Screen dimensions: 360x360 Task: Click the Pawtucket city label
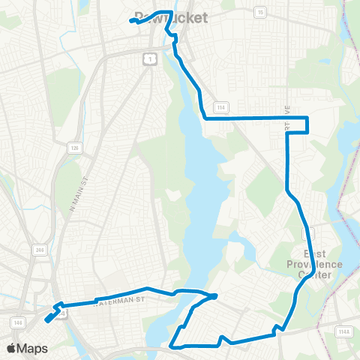tap(170, 17)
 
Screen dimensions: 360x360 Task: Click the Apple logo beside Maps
tap(12, 348)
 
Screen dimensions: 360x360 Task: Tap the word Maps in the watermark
tap(33, 348)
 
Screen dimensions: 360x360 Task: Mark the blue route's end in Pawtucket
tap(132, 21)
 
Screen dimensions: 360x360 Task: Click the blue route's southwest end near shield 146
tap(48, 319)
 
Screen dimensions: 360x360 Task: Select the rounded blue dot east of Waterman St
tap(214, 296)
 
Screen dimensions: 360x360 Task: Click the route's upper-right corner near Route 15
tap(308, 118)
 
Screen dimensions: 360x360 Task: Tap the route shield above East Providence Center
tap(310, 235)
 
